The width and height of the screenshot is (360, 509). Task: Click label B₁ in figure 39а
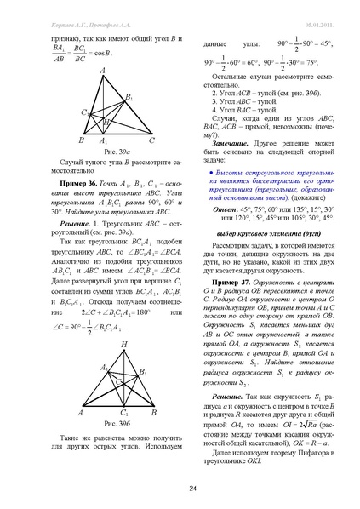coord(130,97)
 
